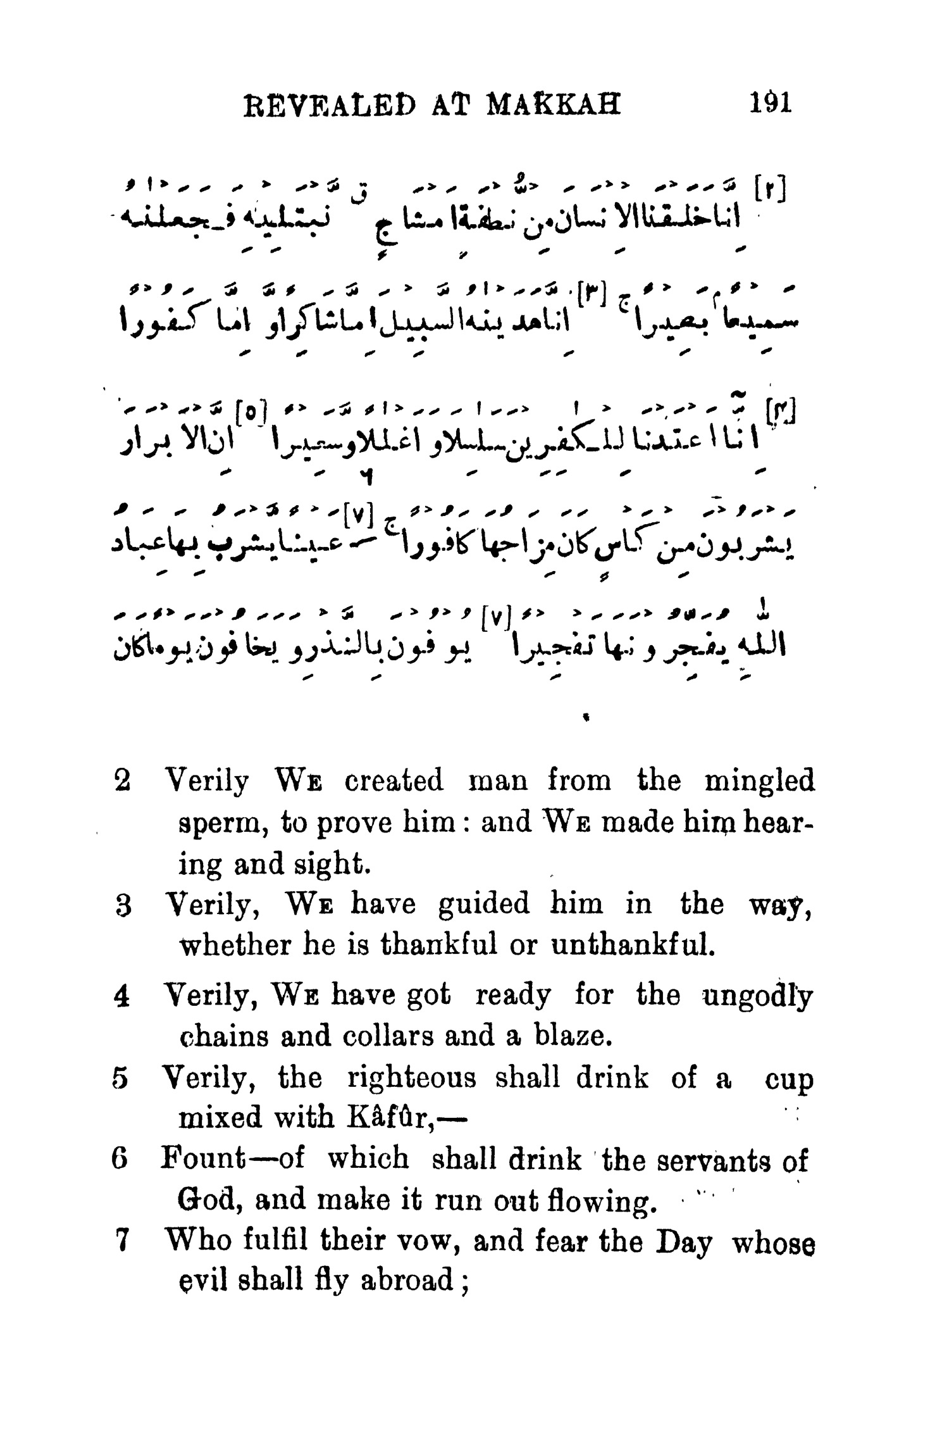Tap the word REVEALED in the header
pos(328,104)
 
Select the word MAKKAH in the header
pos(554,104)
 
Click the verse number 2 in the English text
pos(123,781)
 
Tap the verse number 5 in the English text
pos(123,1079)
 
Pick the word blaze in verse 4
pos(573,1037)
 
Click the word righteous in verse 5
pos(412,1079)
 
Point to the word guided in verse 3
pos(483,905)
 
